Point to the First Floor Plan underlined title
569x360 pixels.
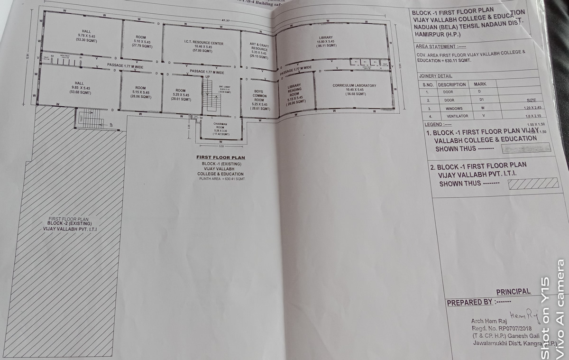[x=220, y=157]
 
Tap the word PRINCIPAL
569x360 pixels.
[x=513, y=292]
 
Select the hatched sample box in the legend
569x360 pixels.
[x=532, y=183]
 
